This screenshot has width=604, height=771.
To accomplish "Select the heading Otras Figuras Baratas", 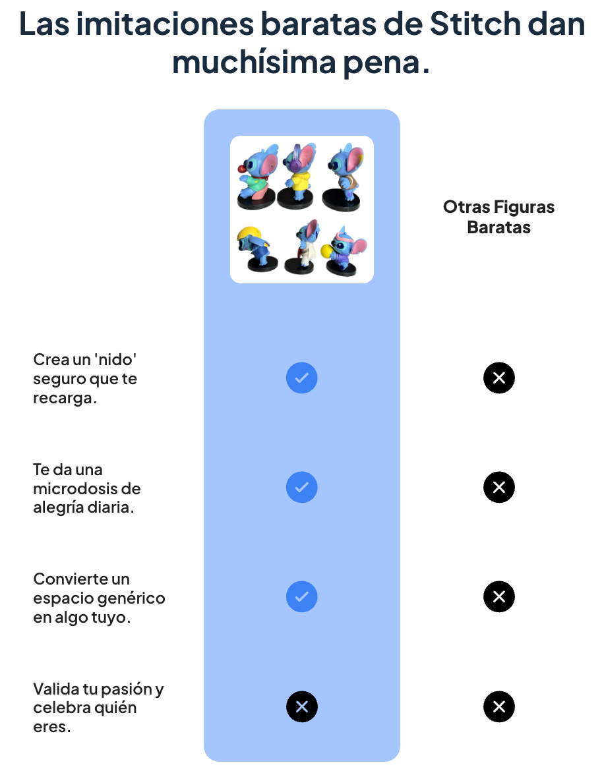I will click(498, 217).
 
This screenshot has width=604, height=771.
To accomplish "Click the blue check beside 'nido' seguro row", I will click(302, 378).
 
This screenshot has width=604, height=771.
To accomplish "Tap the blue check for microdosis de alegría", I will click(302, 488).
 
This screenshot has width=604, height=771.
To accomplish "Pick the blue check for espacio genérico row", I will click(302, 597).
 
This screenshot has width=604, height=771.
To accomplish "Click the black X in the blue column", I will click(302, 707).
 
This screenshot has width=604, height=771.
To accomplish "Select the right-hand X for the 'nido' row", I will click(499, 378).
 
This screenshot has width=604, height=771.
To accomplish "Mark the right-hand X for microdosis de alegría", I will click(499, 488).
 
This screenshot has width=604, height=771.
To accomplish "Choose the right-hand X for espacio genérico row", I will click(499, 597).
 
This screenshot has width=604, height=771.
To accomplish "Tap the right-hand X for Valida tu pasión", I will click(499, 707).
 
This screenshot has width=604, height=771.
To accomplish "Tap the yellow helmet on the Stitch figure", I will click(249, 235).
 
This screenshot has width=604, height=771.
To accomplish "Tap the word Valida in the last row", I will click(55, 689).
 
